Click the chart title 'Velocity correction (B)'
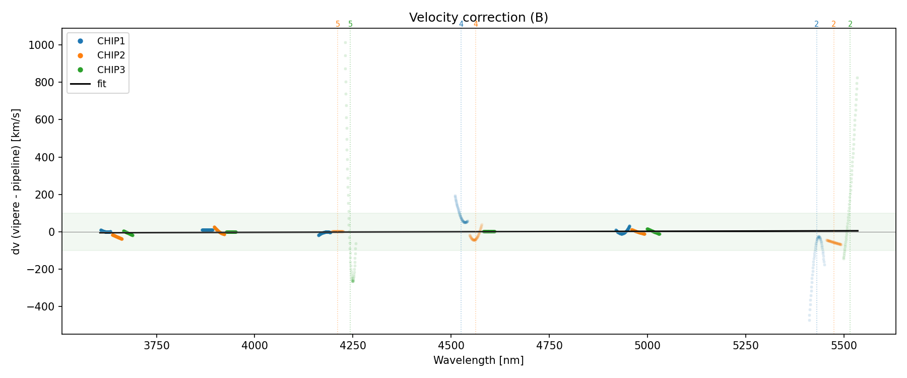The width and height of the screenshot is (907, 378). point(478,18)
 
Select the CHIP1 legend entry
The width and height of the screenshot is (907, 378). point(111,41)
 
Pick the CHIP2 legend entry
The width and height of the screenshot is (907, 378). point(111,55)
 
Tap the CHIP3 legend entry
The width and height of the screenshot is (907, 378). point(111,70)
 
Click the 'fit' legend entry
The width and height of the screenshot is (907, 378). point(102,84)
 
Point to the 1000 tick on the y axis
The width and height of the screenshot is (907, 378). point(41,45)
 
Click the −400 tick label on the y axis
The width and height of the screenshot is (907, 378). point(39,306)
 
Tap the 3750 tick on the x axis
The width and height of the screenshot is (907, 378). point(157,346)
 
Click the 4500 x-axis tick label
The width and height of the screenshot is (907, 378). point(451,346)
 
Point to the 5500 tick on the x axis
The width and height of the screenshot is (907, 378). point(844,346)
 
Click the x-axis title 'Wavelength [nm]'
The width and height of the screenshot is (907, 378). point(478,360)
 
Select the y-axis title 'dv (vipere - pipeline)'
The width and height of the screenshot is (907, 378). point(16,181)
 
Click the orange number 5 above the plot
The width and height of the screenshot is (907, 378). point(338,24)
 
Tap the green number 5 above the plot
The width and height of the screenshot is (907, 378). point(351,24)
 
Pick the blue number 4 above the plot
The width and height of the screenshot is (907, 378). point(461,24)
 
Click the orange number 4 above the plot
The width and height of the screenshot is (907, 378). point(476,24)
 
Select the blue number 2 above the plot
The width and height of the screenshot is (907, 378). point(816,24)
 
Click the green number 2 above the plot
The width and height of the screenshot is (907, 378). point(850,24)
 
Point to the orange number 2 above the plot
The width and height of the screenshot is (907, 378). point(833,24)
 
